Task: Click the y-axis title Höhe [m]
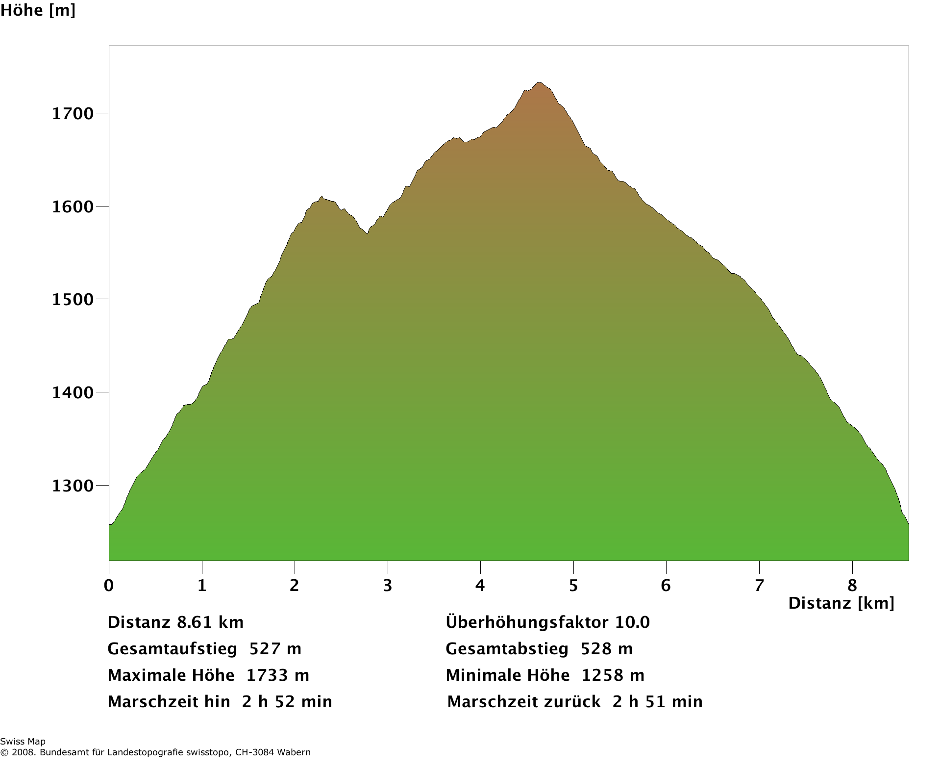coord(38,10)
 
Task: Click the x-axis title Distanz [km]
coord(841,603)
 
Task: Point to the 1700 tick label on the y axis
coord(73,114)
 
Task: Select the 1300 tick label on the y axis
coord(73,486)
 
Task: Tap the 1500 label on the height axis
coord(73,300)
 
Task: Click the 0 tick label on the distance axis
coord(109,585)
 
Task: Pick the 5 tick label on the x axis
coord(573,585)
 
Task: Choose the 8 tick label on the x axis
coord(852,585)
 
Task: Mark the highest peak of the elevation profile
coord(539,83)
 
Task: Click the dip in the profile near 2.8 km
coord(367,234)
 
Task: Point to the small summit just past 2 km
coord(322,197)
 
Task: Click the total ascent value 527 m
coord(275,649)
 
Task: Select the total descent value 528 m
coord(607,649)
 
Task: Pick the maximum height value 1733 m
coord(277,675)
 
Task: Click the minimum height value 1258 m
coord(613,675)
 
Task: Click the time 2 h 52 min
coord(287,702)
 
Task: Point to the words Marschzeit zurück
coord(524,702)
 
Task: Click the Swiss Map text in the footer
coord(23,742)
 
